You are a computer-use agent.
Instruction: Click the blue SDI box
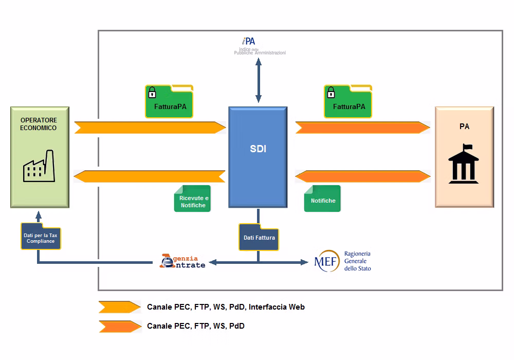coord(258,157)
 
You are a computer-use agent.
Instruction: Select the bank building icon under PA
coord(464,163)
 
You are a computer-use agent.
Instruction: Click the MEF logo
coord(327,261)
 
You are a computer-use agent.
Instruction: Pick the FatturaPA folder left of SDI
coord(169,101)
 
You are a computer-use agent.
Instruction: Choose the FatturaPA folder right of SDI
coord(348,101)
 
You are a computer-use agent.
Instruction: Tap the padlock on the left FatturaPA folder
coord(152,93)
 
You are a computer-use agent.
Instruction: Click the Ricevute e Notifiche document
coord(193,199)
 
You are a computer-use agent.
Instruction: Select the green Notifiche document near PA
coord(322,199)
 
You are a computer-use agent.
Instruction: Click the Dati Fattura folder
coord(259,237)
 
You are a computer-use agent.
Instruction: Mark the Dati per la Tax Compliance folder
coord(41,237)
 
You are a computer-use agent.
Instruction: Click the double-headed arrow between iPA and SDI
coord(259,79)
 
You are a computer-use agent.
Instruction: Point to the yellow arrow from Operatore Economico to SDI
coord(150,128)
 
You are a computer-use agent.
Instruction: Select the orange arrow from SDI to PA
coord(362,128)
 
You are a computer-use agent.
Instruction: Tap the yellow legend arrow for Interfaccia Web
coord(119,307)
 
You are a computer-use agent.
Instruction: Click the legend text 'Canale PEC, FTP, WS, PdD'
coord(196,326)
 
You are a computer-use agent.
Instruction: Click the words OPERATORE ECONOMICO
coord(39,124)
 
